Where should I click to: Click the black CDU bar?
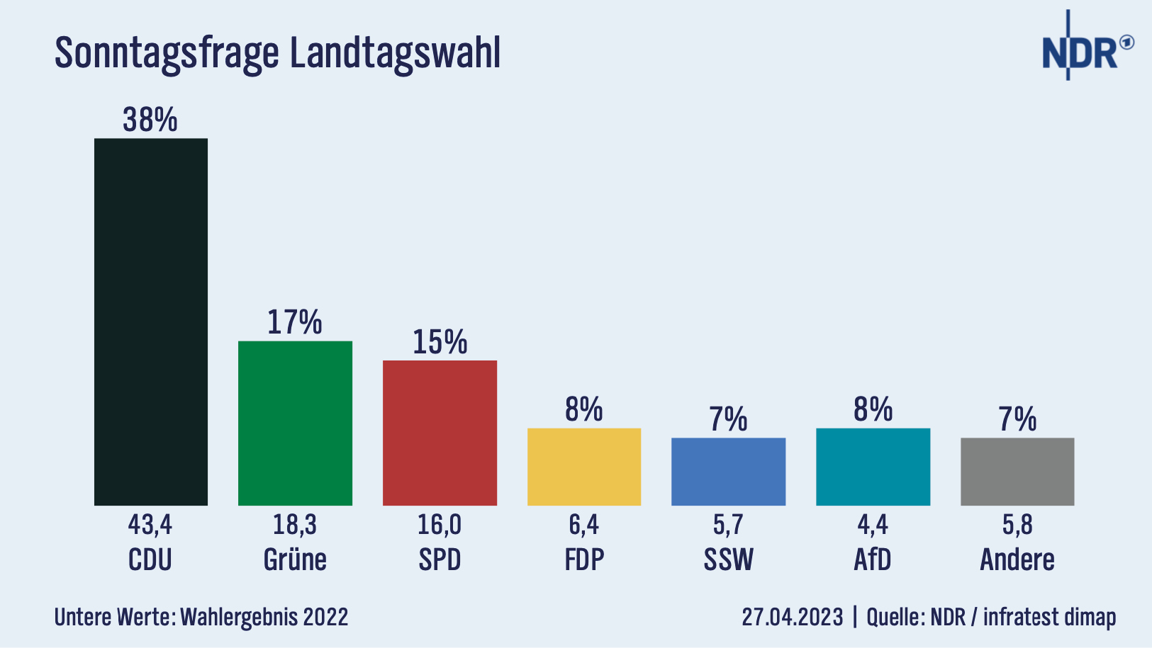[x=151, y=322]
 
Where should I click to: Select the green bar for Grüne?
[x=295, y=423]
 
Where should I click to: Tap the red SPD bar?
[x=440, y=433]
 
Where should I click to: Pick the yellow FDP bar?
[x=584, y=467]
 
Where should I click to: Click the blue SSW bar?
[x=728, y=472]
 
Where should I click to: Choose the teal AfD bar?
[x=873, y=467]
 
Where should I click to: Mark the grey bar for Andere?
[x=1017, y=472]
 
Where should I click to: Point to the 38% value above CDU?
[x=150, y=120]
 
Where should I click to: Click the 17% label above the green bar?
[x=295, y=322]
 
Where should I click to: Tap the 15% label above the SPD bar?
[x=440, y=342]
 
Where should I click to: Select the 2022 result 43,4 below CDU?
[x=150, y=525]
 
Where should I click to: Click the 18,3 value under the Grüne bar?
[x=295, y=525]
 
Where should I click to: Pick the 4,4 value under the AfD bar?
[x=873, y=525]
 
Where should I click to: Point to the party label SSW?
[x=728, y=559]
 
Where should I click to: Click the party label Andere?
[x=1017, y=559]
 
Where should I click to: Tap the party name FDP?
[x=584, y=559]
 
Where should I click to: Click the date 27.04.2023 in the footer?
[x=793, y=617]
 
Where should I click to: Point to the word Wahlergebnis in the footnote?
[x=239, y=617]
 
